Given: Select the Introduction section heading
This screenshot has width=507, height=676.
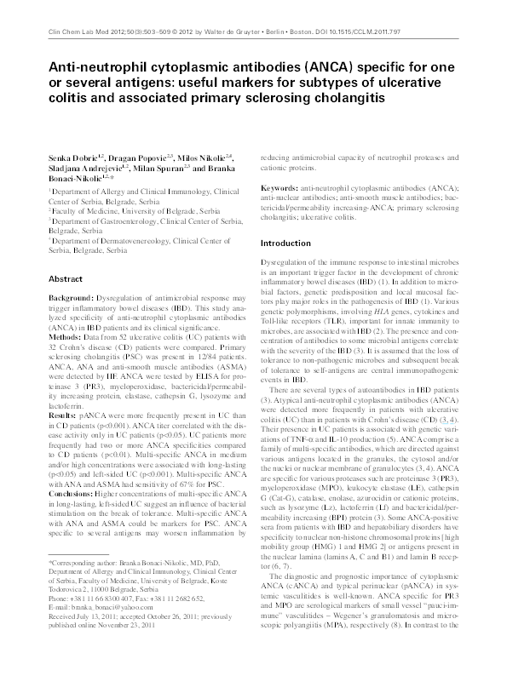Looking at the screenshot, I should coord(288,243).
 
